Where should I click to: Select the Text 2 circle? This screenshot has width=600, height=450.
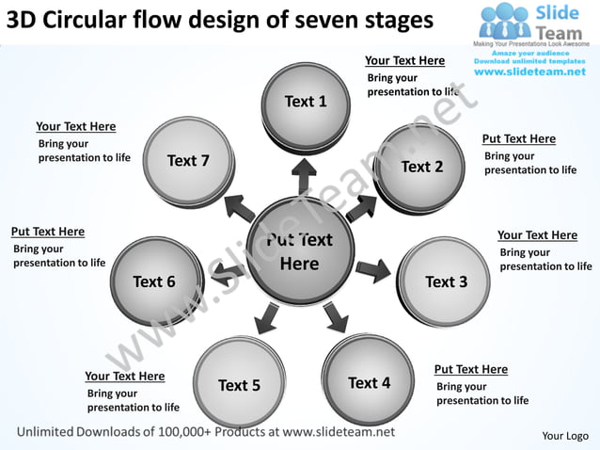[420, 168]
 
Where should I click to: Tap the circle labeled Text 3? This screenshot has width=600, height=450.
[445, 281]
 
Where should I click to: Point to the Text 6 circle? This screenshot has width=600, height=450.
[155, 281]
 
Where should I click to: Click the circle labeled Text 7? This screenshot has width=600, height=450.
[189, 161]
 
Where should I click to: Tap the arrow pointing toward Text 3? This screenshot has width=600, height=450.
[373, 270]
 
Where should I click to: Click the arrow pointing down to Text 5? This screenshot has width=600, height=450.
[266, 318]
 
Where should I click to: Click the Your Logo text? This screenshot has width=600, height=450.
[565, 436]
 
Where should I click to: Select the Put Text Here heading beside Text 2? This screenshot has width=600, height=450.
[518, 139]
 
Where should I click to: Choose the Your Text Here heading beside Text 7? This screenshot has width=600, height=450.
[75, 127]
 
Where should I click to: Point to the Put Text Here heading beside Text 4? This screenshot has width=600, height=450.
[470, 370]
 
